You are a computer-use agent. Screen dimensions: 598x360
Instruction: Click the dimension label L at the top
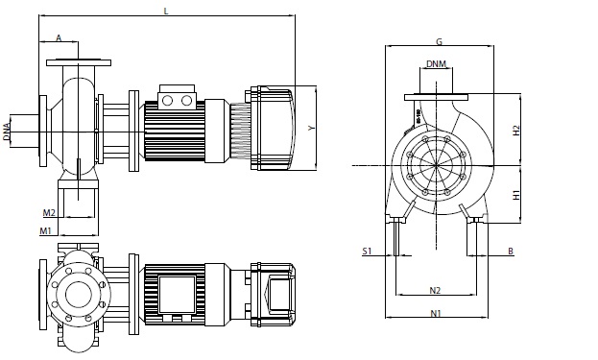coord(166,12)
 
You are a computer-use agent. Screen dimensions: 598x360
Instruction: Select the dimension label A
coord(59,38)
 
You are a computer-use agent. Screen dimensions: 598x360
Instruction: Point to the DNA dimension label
coord(7,132)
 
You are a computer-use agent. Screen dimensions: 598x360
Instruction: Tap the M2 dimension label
coord(49,212)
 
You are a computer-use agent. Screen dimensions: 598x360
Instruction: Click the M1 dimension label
coord(45,230)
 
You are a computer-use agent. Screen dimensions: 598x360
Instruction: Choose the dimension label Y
coord(312,128)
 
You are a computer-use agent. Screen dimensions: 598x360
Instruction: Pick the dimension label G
coord(439,41)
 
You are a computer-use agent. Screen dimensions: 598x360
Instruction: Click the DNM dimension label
coord(436,63)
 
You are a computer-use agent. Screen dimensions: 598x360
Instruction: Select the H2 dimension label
coord(516,131)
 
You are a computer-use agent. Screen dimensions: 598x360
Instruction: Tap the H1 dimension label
coord(516,195)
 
